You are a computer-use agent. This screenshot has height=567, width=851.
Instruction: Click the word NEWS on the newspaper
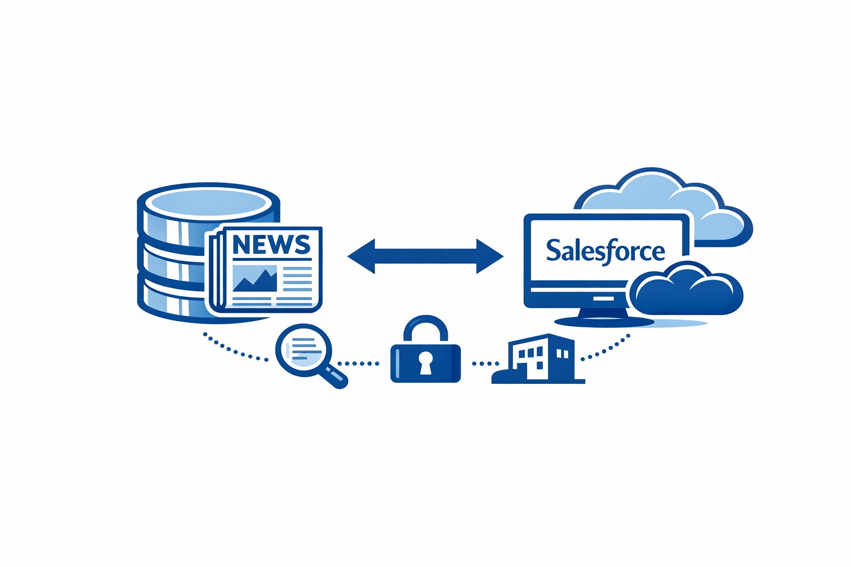tap(271, 244)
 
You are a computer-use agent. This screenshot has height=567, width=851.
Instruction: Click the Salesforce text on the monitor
tap(605, 251)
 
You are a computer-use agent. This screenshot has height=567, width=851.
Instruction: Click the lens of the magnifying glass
tap(303, 349)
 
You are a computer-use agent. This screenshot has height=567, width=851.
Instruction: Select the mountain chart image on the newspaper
tap(255, 279)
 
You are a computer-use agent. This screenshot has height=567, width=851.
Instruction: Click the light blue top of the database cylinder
tap(209, 202)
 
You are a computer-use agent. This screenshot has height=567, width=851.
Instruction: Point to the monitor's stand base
tap(604, 321)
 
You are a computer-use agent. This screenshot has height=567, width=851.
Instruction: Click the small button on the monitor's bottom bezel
tap(603, 298)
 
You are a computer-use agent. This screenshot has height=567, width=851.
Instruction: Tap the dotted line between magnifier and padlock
tap(358, 364)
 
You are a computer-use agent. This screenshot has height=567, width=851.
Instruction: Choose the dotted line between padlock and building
tap(485, 364)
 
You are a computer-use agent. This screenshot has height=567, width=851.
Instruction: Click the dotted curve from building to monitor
tap(607, 348)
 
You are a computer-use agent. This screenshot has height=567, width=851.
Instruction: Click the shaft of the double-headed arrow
tap(425, 256)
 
